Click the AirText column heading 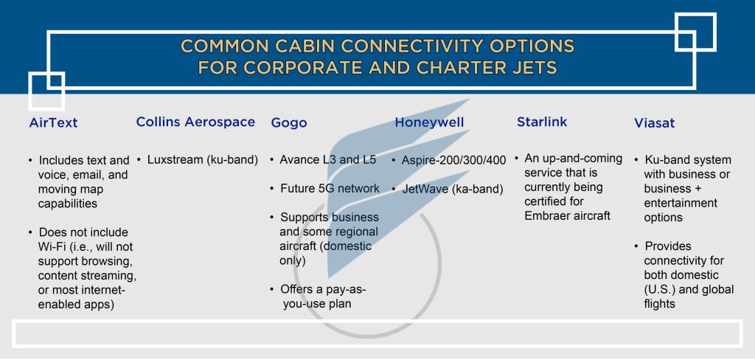pos(52,122)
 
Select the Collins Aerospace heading pos(195,122)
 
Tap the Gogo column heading pos(289,122)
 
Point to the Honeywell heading pos(430,122)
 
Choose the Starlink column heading pos(542,122)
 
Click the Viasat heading pos(655,122)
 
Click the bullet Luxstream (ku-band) pos(202,159)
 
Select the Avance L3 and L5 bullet pos(324,159)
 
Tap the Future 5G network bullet pos(330,188)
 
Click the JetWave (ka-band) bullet pos(452,189)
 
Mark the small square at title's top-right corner pos(695,32)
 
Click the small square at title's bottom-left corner pos(46,90)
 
